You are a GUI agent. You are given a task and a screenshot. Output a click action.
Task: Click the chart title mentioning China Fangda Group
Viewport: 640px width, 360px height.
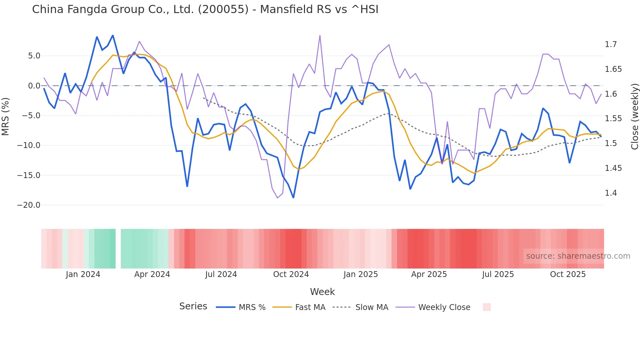coord(205,9)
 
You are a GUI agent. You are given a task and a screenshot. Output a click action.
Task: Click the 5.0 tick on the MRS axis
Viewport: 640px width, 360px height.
coord(34,56)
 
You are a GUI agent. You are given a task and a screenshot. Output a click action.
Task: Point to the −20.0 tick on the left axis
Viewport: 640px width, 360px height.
coord(29,205)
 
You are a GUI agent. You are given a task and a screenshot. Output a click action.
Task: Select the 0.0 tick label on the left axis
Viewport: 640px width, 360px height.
coord(34,86)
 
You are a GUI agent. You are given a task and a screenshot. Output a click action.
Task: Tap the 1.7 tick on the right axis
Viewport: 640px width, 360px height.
coord(611,44)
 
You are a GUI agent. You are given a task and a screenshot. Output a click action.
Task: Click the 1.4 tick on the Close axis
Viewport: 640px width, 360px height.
coord(611,193)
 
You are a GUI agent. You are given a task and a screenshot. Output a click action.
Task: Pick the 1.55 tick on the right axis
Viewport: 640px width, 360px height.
coord(613,119)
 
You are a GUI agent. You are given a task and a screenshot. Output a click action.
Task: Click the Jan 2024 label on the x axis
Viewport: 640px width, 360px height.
coord(83,274)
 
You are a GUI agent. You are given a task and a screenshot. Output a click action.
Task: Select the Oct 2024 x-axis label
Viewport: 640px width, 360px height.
coord(291,274)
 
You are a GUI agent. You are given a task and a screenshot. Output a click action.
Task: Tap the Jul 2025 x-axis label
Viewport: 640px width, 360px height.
coord(498,274)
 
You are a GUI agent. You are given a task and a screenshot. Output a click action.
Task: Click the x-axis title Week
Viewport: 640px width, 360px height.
coord(322,292)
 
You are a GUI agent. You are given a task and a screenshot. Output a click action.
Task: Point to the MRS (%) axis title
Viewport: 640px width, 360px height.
coord(6,116)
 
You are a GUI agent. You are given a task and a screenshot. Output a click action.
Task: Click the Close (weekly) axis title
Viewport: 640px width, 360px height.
coord(634,116)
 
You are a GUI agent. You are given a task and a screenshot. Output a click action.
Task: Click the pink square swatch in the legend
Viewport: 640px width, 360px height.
coord(487,307)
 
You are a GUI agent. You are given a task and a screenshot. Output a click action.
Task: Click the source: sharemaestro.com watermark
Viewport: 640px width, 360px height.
coord(578,256)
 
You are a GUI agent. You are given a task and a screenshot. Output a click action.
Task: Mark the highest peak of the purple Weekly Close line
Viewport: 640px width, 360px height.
coord(320,35)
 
